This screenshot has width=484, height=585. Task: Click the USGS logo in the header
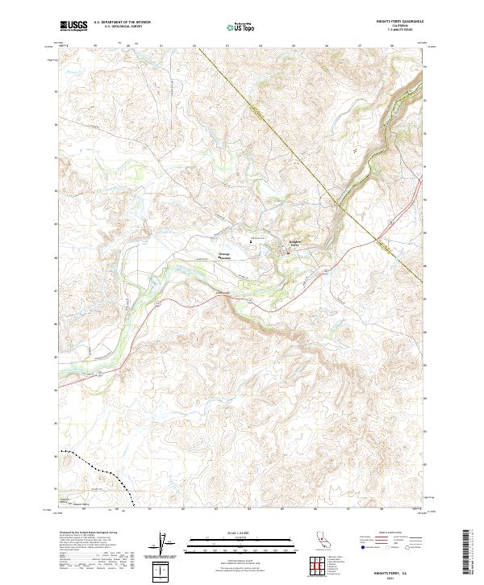(73, 26)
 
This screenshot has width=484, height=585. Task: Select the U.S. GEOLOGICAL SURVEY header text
(118, 27)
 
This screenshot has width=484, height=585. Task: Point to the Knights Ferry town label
(294, 243)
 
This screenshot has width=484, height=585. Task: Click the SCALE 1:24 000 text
(242, 532)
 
